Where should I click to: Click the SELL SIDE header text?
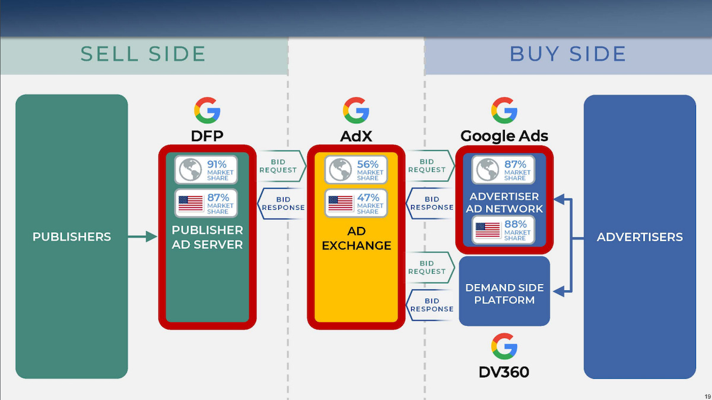coord(143,54)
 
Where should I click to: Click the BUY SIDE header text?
coord(568,54)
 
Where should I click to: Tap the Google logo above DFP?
coord(207,111)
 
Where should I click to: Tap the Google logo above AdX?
coord(356,111)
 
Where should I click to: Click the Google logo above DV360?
coord(504,346)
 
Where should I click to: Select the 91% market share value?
coord(217,164)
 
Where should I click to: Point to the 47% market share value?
coord(368,198)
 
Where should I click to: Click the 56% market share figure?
coord(368,164)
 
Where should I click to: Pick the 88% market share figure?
coord(515,225)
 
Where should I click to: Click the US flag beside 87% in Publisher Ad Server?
coord(190,203)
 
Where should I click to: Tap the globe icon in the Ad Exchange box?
coord(341,170)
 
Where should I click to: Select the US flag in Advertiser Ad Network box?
coord(488,230)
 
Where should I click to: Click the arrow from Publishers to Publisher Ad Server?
coord(142,237)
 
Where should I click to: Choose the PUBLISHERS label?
coord(72,237)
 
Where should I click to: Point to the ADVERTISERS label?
coord(640,237)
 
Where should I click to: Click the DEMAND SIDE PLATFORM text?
coord(504,293)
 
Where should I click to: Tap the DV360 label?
coord(504,372)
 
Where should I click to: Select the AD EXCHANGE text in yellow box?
coord(357,238)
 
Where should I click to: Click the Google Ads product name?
coord(504,136)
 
